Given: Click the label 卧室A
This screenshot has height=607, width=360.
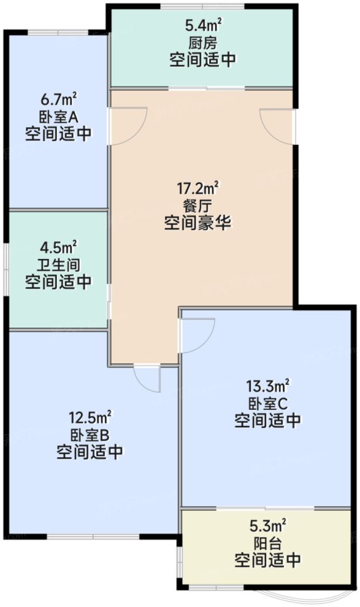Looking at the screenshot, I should (59, 117).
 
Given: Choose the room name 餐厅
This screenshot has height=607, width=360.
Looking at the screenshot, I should (197, 205).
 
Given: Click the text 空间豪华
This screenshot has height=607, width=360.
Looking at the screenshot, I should (197, 222).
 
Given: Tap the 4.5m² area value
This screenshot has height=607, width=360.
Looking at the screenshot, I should (59, 248).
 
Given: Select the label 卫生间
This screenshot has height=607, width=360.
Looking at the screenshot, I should (59, 265).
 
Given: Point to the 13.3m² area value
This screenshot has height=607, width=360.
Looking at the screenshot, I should (268, 387).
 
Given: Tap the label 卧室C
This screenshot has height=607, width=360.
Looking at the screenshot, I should (268, 403).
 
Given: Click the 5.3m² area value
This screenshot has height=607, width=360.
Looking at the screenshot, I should (268, 526).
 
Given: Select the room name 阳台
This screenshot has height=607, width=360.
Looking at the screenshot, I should (268, 543).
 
